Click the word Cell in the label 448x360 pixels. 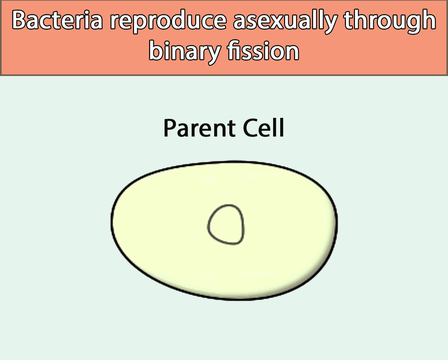click(x=263, y=128)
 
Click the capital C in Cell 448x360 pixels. click(x=251, y=128)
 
